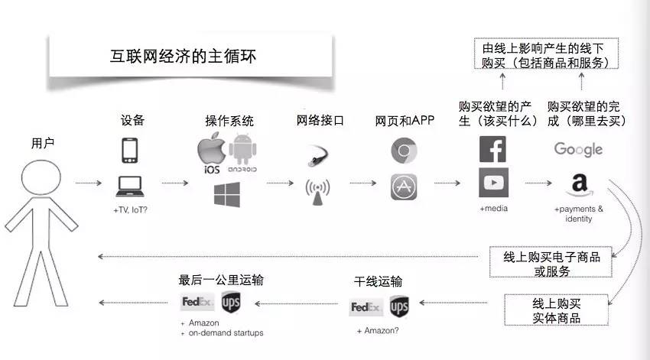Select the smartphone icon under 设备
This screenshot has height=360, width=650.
coord(129,150)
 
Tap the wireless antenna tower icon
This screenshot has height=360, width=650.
coord(318,193)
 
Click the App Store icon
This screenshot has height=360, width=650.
coord(404,187)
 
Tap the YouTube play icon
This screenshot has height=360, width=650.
coord(492,183)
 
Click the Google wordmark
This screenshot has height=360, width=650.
coord(578,149)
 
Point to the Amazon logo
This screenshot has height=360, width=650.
coord(579,184)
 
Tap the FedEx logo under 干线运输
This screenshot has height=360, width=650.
coord(365,307)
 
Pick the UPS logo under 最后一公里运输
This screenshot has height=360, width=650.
coord(231,303)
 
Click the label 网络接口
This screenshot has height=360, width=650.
coord(320,121)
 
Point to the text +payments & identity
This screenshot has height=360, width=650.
coord(579,214)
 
